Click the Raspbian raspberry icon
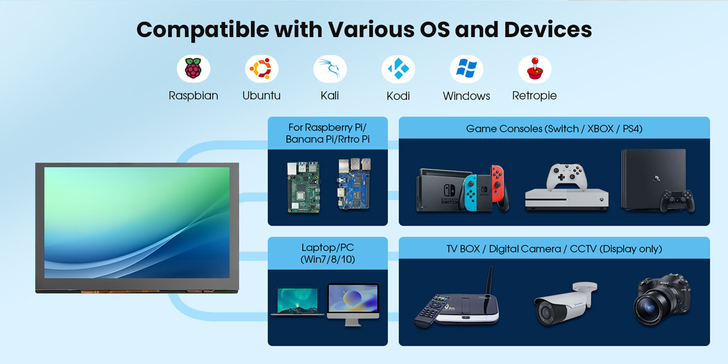[193, 70]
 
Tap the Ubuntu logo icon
[261, 70]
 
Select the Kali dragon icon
[330, 70]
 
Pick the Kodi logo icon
[398, 70]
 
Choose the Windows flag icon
[467, 70]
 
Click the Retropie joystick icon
[534, 70]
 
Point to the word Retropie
[534, 96]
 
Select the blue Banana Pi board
[354, 185]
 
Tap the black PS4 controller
[677, 200]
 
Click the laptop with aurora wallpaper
[297, 301]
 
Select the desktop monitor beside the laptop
[352, 301]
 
